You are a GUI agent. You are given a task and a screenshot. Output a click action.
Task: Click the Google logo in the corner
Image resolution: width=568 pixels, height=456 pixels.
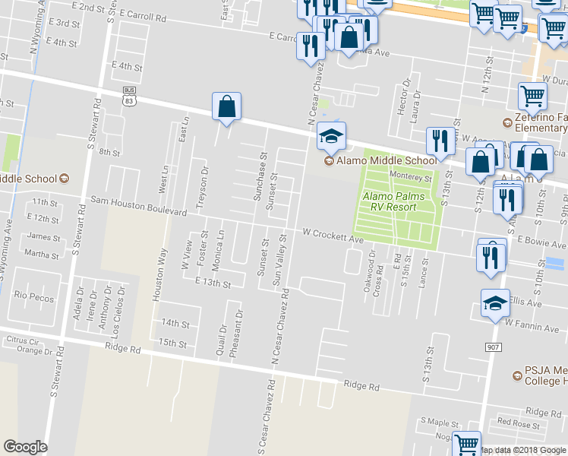coord(26,447)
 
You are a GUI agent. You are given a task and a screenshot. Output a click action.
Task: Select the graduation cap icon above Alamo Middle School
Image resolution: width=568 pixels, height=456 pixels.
coord(331,137)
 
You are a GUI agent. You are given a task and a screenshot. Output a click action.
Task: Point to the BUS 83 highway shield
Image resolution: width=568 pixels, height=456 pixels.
coord(129,96)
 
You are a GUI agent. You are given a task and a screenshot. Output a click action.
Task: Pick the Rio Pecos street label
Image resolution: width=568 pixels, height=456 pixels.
coord(34,297)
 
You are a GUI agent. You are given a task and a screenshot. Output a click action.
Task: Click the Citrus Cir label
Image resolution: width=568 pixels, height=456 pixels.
coord(22,340)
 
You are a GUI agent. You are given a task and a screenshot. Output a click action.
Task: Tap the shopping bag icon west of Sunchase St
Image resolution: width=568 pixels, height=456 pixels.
coord(227,107)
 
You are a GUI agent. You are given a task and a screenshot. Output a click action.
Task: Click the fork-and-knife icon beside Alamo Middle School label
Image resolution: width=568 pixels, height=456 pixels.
coord(440,141)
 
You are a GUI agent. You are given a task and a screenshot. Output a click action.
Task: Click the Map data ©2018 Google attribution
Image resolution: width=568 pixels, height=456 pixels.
coord(522,450)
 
